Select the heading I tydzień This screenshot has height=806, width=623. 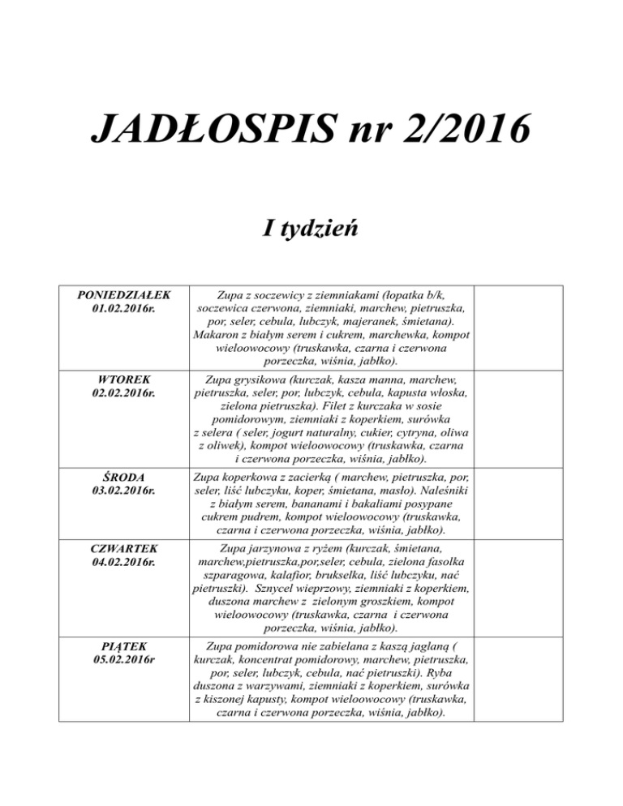click(311, 229)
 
